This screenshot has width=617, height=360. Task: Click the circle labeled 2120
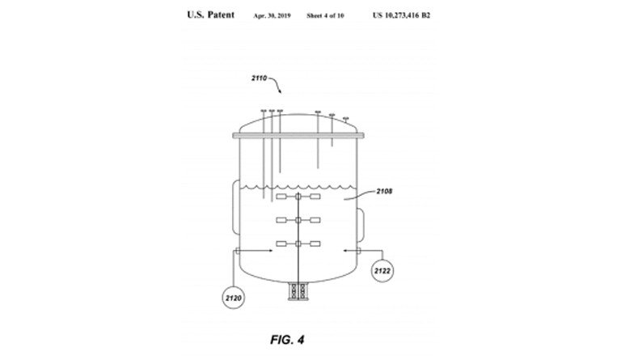(234, 298)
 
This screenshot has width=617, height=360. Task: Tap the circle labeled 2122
(382, 271)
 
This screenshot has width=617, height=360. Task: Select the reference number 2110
(260, 78)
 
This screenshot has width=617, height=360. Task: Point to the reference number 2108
(384, 192)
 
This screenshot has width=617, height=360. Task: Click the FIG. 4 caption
(287, 340)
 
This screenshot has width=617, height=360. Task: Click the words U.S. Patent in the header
(210, 15)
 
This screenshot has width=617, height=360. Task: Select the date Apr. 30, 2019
(272, 15)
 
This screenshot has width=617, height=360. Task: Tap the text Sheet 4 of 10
(325, 15)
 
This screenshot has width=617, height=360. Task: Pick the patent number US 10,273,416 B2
(401, 15)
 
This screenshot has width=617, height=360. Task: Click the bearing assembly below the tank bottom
(298, 291)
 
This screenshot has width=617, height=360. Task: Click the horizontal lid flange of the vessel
(298, 135)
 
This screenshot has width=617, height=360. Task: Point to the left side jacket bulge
(236, 207)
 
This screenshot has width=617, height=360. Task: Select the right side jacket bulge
(360, 225)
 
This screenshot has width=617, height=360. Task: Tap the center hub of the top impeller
(298, 196)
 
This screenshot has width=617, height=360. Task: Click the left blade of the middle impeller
(281, 220)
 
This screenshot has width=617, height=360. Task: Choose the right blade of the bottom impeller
(315, 244)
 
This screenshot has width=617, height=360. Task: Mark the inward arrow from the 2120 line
(256, 250)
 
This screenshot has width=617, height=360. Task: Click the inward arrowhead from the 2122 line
(345, 250)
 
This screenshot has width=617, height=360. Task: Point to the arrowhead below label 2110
(279, 91)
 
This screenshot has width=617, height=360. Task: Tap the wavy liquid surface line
(298, 187)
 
